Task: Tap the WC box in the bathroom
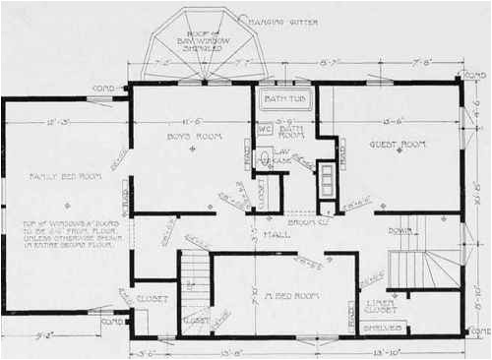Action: (x=264, y=129)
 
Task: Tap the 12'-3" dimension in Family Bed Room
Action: (x=56, y=123)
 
